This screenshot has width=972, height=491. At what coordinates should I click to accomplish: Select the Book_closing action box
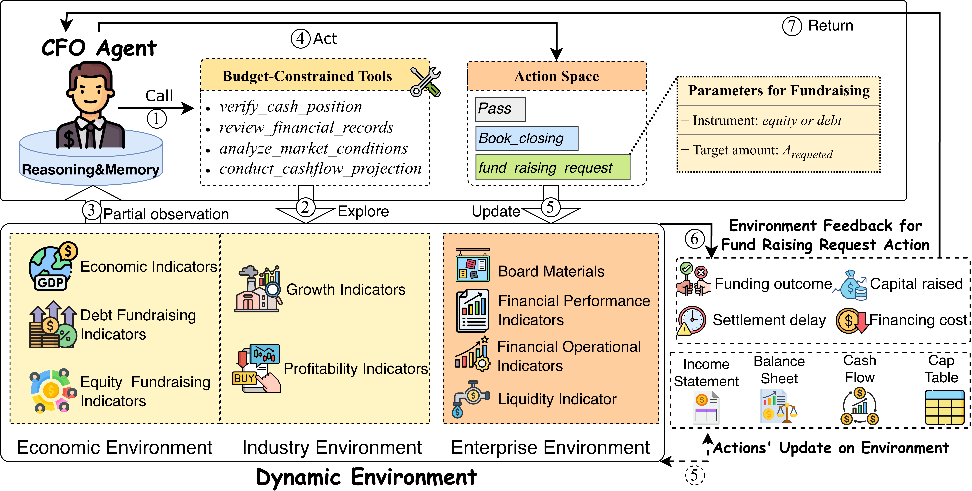coord(526,138)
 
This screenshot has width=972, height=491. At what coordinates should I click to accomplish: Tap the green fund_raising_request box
coord(552,167)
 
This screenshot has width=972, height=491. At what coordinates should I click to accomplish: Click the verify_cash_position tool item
coord(291,107)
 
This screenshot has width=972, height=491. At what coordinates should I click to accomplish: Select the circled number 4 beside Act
coord(300,38)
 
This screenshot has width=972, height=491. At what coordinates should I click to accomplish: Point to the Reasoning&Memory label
coord(91,170)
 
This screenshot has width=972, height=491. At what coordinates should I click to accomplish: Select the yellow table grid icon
coord(944,408)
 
